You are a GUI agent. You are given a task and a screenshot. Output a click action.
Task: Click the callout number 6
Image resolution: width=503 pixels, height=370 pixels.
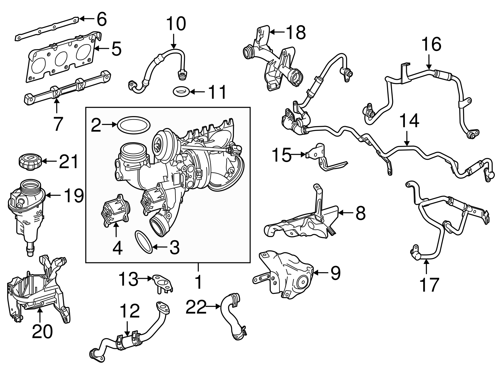point(101,20)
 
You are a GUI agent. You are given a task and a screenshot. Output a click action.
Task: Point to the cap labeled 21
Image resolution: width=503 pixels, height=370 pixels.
point(28,161)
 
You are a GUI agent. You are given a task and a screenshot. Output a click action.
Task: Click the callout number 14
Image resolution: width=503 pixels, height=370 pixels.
point(409,121)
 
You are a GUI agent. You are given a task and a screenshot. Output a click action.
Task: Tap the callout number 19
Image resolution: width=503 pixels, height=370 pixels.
point(73,196)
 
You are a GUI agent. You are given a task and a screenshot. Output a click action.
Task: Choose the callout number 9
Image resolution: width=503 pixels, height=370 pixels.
point(334,273)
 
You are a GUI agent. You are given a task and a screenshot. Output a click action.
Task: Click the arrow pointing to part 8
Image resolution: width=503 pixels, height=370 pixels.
point(346,213)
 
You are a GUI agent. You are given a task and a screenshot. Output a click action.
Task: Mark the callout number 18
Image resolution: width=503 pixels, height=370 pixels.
point(296,32)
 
